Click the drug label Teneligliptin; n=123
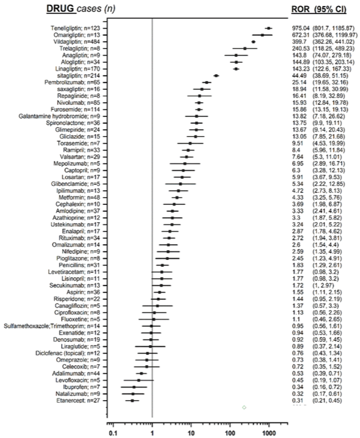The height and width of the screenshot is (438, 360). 75,28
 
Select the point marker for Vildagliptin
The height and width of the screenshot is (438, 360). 254,42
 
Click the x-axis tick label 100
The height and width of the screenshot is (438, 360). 230,433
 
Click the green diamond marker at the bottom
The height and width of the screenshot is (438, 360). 244,407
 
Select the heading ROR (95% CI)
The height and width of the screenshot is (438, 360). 319,10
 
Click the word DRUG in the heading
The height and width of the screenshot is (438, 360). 61,9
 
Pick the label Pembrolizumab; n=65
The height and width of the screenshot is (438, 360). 72,83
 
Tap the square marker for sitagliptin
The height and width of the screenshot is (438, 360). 216,76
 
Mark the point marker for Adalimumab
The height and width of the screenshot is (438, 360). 141,374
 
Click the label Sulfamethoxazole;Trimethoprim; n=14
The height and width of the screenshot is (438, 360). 51,326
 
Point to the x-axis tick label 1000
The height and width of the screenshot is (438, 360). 269,433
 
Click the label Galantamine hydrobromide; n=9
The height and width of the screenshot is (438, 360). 59,116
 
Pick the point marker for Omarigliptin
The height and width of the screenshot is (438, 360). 262,35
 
